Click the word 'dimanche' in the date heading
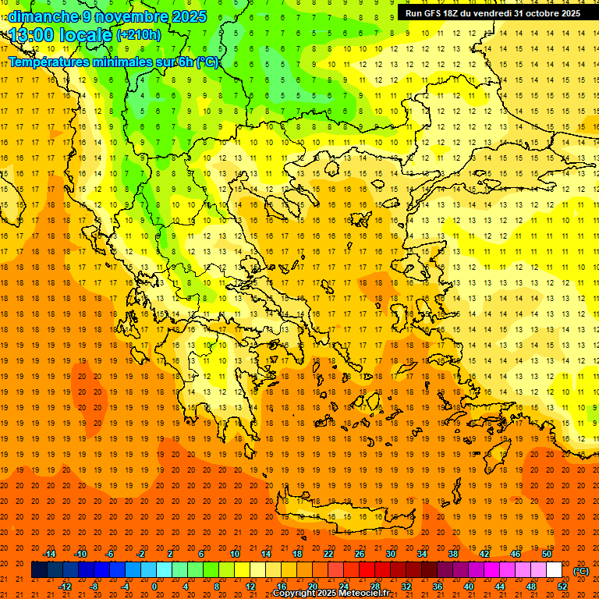[44, 16]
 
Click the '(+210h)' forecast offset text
[138, 35]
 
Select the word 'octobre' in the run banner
[537, 13]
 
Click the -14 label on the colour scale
[49, 554]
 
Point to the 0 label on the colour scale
[154, 587]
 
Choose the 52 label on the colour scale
[562, 587]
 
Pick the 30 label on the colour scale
[390, 554]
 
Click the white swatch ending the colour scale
[554, 570]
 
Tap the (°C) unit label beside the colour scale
[581, 571]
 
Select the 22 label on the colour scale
[328, 554]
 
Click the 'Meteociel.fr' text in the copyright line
[364, 594]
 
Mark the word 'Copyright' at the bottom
[296, 594]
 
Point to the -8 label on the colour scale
[94, 587]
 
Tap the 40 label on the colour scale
[469, 587]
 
